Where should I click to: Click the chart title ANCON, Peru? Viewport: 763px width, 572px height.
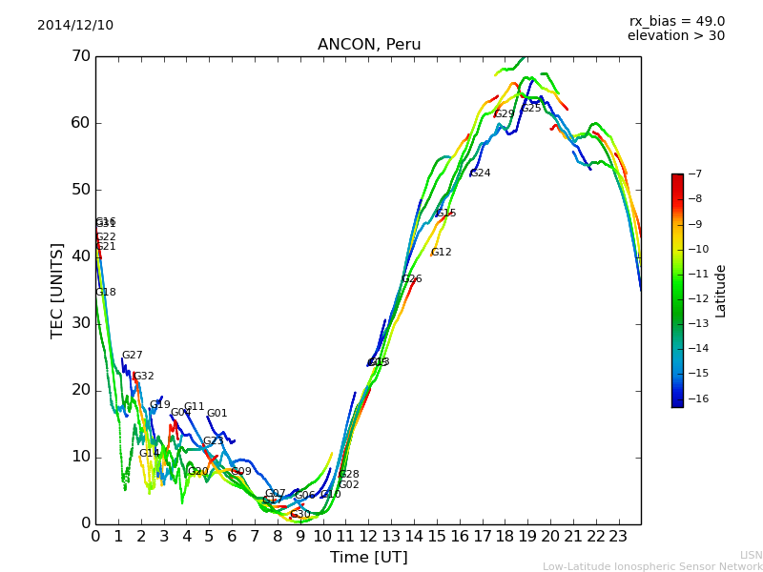click(x=369, y=45)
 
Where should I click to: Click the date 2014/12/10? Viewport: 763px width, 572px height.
click(x=75, y=26)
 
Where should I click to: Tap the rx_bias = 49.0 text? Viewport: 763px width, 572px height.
click(x=676, y=21)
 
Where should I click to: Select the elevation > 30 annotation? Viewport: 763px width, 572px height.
click(x=675, y=36)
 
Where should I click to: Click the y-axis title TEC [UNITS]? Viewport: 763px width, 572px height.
click(x=57, y=290)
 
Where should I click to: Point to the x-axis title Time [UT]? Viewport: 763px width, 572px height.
click(x=368, y=557)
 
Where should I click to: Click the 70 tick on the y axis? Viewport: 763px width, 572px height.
click(x=80, y=56)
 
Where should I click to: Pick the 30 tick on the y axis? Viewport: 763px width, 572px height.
click(x=80, y=323)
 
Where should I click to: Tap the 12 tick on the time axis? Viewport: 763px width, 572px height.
click(x=368, y=536)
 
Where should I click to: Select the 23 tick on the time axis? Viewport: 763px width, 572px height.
click(x=618, y=536)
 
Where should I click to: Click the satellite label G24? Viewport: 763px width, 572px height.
click(x=481, y=174)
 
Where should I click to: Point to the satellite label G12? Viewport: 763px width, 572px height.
click(x=442, y=253)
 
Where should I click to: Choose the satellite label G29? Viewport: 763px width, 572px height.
click(x=505, y=114)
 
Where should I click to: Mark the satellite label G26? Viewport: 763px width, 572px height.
click(x=412, y=279)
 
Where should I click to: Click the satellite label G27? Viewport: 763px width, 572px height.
click(x=133, y=356)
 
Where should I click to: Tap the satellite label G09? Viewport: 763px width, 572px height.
click(x=241, y=472)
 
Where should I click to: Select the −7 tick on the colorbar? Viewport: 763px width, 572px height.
click(x=693, y=174)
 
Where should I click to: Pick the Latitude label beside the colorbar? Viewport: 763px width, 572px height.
click(x=721, y=291)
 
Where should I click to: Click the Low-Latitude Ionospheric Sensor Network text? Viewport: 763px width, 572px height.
click(x=652, y=566)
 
